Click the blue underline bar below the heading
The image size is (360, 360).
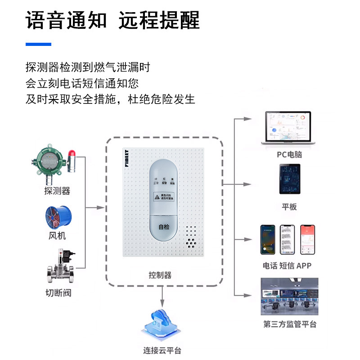[38, 44]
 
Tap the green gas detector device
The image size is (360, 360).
[49, 162]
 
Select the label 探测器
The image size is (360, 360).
[57, 191]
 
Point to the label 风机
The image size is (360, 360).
[57, 235]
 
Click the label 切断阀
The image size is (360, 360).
[58, 293]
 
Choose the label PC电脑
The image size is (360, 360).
[289, 155]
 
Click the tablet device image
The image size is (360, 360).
[289, 179]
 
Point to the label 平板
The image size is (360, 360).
[289, 207]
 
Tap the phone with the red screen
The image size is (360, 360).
[308, 240]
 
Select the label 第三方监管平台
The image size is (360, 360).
[290, 324]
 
